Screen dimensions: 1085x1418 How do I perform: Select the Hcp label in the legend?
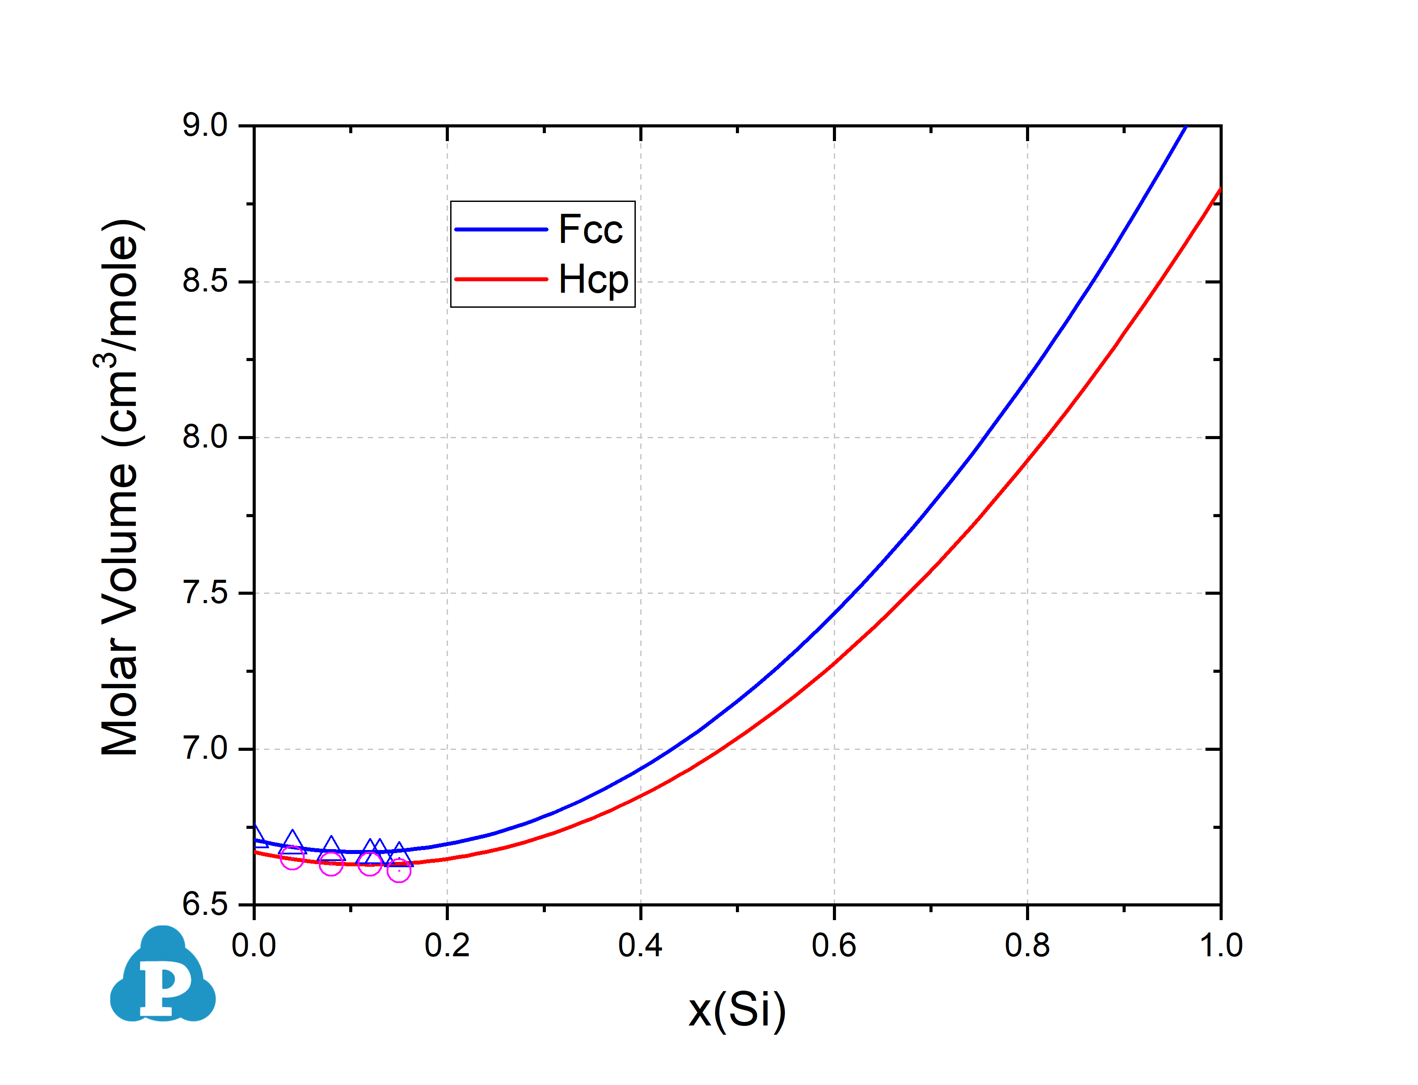[593, 280]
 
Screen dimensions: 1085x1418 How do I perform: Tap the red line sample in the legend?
[501, 279]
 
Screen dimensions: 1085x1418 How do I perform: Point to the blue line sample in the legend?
[501, 229]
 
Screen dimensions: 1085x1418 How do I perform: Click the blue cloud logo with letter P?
[163, 975]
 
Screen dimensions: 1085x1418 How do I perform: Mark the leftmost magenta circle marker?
[292, 858]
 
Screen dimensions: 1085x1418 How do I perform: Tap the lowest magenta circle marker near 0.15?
[399, 871]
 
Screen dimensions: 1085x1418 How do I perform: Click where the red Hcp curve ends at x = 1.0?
[1220, 189]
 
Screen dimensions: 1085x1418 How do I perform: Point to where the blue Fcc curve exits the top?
[1186, 127]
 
